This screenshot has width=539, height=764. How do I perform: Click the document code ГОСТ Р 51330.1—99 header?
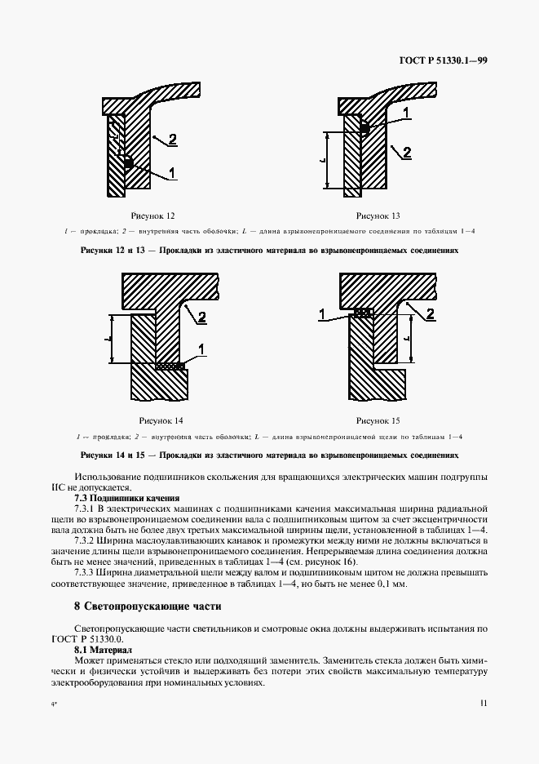[x=443, y=60]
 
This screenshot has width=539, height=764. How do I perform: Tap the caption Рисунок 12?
[x=154, y=216]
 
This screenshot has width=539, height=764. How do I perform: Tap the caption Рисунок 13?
[x=378, y=216]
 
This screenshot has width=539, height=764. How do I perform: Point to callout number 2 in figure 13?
[x=407, y=152]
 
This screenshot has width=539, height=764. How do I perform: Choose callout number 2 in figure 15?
[x=430, y=313]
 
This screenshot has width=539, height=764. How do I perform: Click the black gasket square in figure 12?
[x=128, y=164]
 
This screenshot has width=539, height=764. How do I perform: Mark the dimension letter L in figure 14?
[x=110, y=337]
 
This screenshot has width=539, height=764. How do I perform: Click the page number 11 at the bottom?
[x=484, y=701]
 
